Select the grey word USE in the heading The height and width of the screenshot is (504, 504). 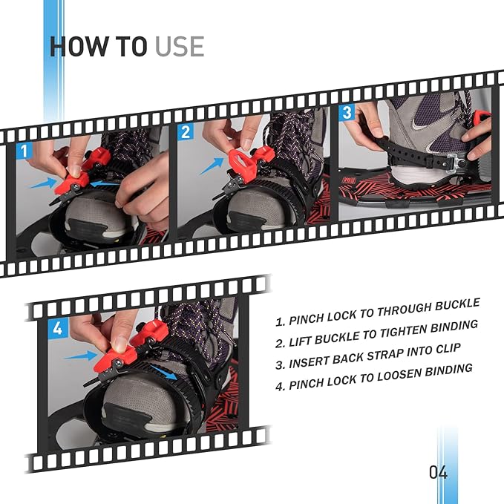(180, 46)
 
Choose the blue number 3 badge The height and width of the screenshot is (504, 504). (347, 114)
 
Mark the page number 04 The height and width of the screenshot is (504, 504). (438, 472)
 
